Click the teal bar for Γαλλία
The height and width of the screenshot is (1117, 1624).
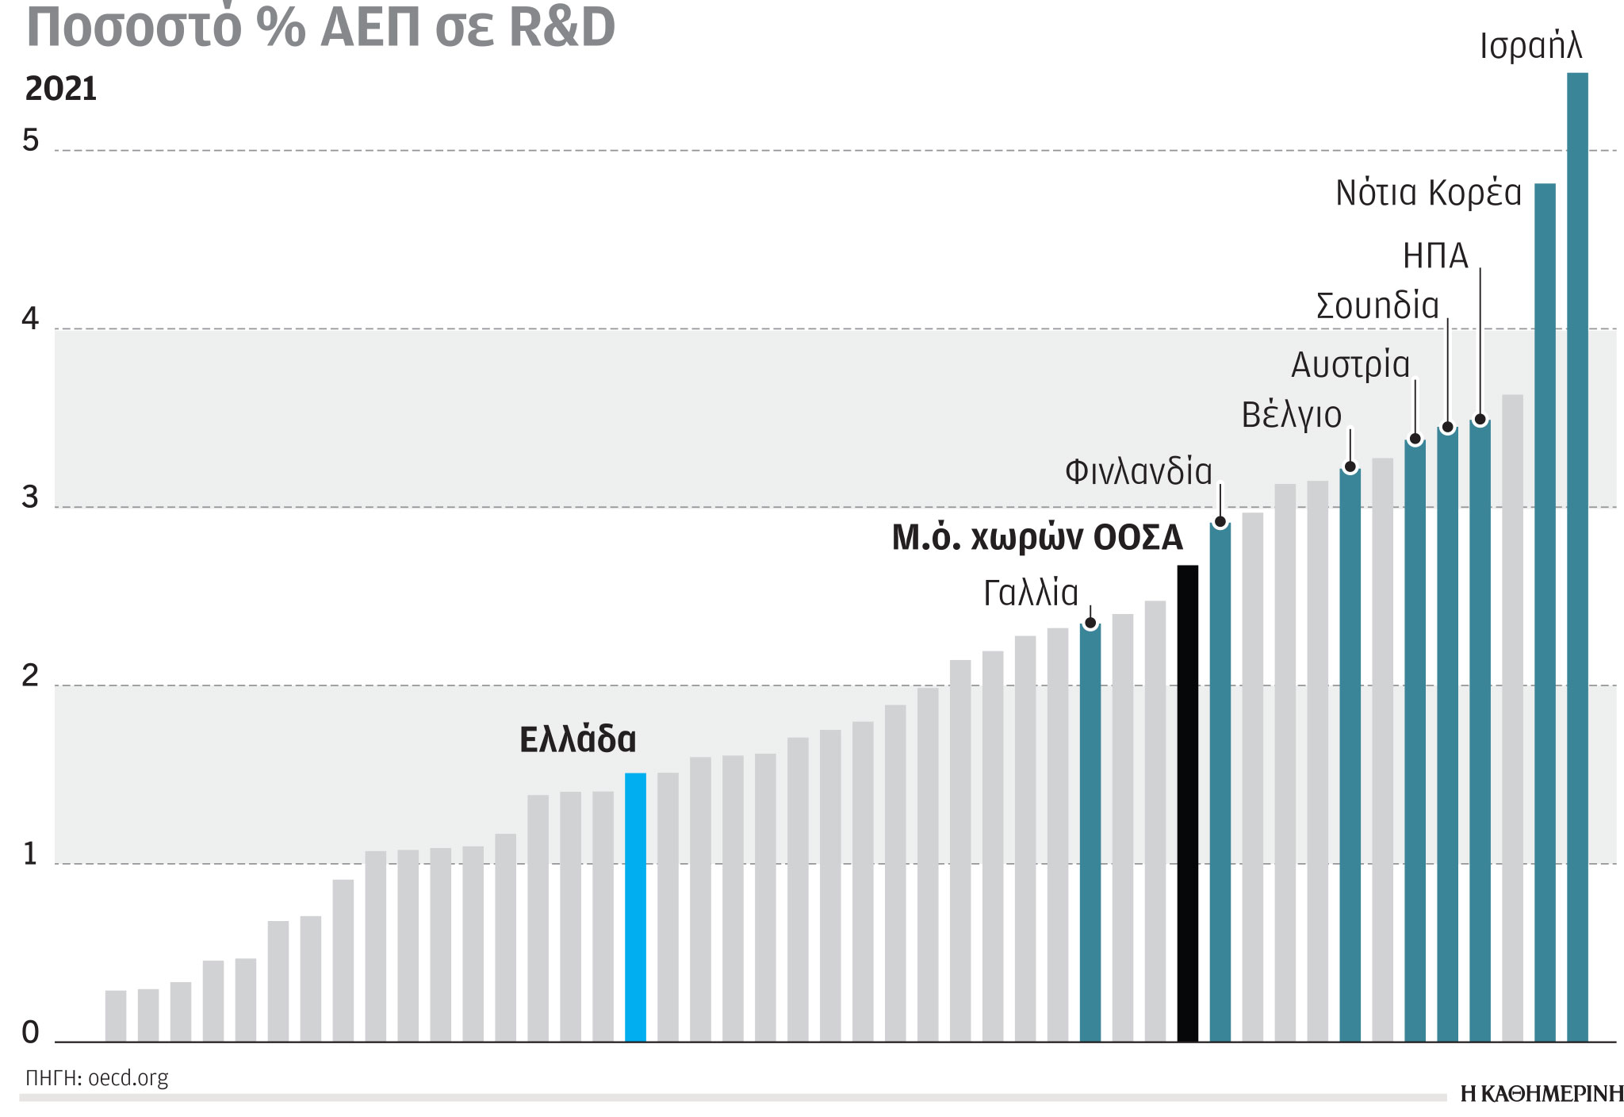1090,833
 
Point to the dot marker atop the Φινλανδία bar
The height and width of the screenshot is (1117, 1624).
1220,522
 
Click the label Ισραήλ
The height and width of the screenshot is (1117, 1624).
1530,46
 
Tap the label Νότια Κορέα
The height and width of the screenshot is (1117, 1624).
1428,194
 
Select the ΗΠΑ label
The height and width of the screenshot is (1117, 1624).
1435,256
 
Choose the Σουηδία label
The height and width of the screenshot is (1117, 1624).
1377,306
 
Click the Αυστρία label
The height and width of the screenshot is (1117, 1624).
1350,366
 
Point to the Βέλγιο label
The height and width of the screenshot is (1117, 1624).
1291,416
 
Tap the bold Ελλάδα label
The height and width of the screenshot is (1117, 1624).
577,739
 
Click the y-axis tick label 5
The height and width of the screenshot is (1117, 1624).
30,141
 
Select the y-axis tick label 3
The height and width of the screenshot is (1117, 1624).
30,498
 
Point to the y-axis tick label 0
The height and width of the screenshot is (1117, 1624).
30,1032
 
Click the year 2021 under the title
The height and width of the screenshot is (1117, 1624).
61,89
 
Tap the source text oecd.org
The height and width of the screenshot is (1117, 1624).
128,1078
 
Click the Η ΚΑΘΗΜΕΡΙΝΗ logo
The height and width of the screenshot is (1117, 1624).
1541,1095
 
